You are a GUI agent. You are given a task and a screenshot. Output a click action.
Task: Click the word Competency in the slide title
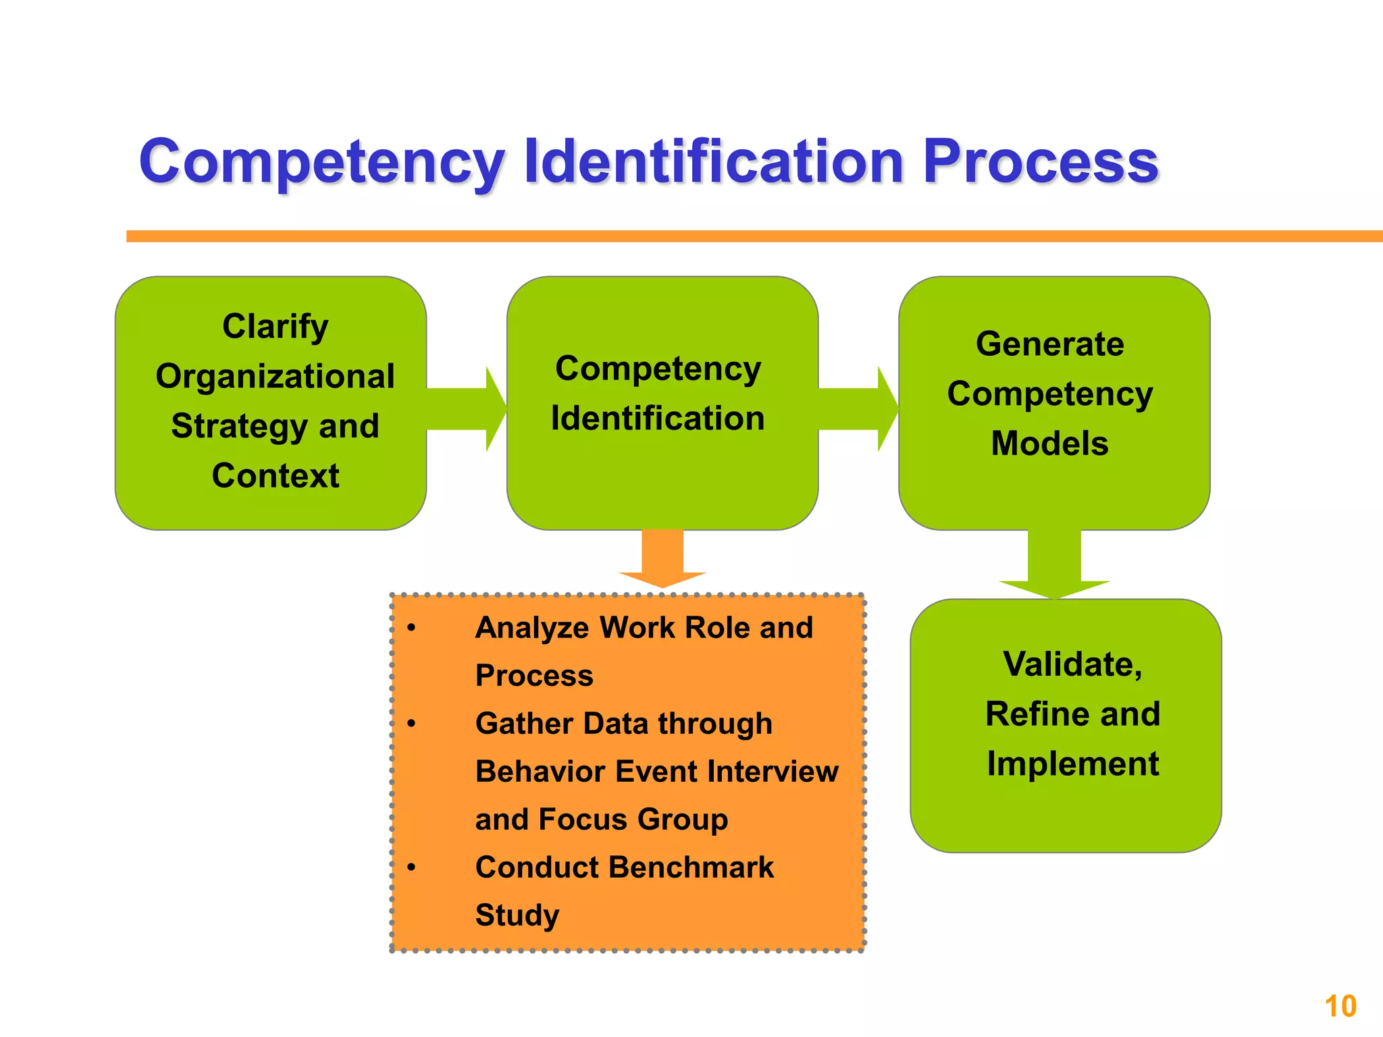(x=321, y=162)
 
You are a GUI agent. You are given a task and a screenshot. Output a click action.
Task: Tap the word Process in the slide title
(x=1040, y=162)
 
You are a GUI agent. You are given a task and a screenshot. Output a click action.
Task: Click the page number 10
(x=1340, y=1007)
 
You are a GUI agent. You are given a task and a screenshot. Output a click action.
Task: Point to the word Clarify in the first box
(x=275, y=327)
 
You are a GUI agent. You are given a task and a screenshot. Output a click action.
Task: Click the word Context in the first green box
(x=275, y=475)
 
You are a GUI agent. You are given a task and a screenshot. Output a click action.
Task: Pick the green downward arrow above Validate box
(x=1054, y=564)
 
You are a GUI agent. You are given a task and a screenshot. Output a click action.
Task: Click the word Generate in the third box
(x=1049, y=344)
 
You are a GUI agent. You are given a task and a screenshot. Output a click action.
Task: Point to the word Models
(x=1049, y=444)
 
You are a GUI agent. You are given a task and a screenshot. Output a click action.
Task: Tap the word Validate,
(x=1072, y=664)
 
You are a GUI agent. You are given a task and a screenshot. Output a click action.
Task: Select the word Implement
(x=1072, y=764)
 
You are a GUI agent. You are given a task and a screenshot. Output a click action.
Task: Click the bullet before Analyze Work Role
(x=411, y=629)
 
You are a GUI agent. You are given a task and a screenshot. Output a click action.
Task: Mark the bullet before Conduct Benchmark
(x=411, y=868)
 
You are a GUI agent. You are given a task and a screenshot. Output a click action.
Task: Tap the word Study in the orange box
(x=517, y=915)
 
